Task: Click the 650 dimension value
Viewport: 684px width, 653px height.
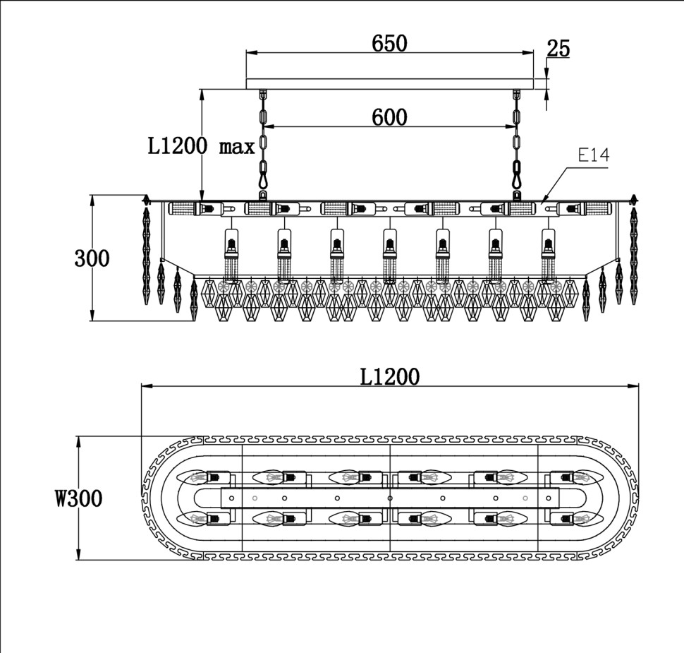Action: pyautogui.click(x=389, y=43)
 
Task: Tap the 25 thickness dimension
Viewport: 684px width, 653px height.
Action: pyautogui.click(x=558, y=48)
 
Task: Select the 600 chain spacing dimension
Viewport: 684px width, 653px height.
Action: pyautogui.click(x=389, y=117)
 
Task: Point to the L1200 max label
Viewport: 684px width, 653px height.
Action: pyautogui.click(x=201, y=146)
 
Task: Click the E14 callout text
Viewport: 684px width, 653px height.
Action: pyautogui.click(x=594, y=155)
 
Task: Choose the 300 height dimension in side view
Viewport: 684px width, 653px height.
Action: pyautogui.click(x=92, y=258)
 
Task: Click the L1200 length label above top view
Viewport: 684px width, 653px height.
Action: pyautogui.click(x=389, y=376)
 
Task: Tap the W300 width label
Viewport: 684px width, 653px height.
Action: pyautogui.click(x=79, y=498)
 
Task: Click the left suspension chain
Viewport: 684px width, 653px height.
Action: pyautogui.click(x=263, y=144)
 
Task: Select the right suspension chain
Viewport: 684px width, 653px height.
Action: pyautogui.click(x=516, y=144)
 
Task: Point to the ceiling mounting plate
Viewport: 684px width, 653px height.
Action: pyautogui.click(x=389, y=84)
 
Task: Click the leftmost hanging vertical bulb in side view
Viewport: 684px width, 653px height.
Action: pyautogui.click(x=231, y=255)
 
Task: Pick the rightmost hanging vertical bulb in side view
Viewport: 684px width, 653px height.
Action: pyautogui.click(x=549, y=255)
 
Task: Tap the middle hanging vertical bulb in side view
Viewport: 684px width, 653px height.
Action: pyautogui.click(x=390, y=255)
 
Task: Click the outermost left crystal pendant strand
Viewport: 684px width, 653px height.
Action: pyautogui.click(x=146, y=251)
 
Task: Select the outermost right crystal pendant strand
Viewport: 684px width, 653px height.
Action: pyautogui.click(x=633, y=251)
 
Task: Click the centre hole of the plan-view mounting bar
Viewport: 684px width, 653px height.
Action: pyautogui.click(x=390, y=498)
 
